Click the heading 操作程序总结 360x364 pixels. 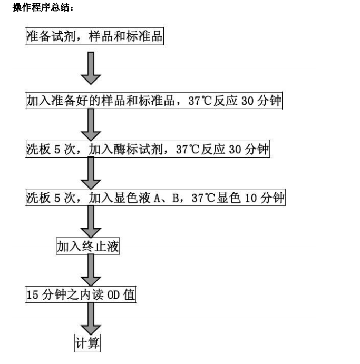click(43, 8)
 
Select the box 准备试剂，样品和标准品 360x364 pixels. click(95, 36)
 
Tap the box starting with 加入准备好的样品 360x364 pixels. click(154, 101)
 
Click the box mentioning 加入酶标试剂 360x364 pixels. click(148, 149)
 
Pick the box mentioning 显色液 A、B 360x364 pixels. click(155, 198)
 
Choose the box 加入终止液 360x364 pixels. click(88, 246)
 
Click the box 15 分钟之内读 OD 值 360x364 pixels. click(81, 294)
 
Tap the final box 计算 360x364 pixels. click(87, 343)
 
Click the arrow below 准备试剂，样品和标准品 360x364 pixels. click(91, 68)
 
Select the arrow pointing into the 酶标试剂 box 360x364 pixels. click(91, 125)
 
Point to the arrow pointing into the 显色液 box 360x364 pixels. click(91, 173)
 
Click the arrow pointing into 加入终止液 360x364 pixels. click(91, 222)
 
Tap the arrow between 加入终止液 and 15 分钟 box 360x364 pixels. click(91, 270)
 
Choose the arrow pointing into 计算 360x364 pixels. click(91, 319)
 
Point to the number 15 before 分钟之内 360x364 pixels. click(32, 295)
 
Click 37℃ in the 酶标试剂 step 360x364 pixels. click(188, 149)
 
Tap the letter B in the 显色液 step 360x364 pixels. click(176, 198)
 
